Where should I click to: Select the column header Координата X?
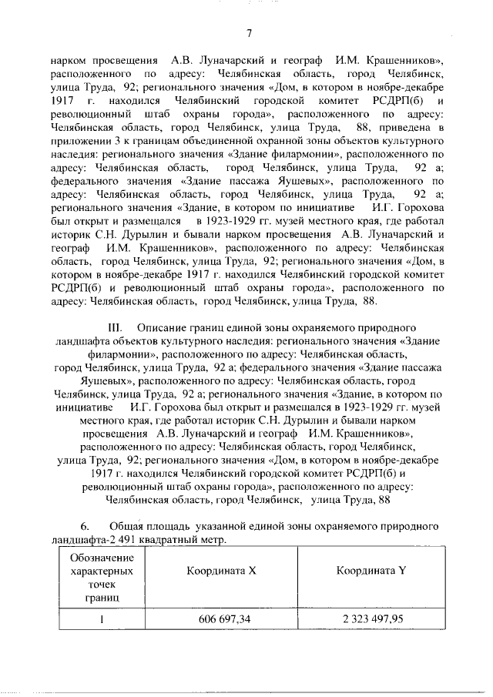coord(216,571)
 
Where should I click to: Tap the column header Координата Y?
coord(370,571)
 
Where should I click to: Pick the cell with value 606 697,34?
coord(216,618)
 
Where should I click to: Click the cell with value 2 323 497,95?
coord(370,618)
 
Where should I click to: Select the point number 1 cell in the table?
coord(101,618)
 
